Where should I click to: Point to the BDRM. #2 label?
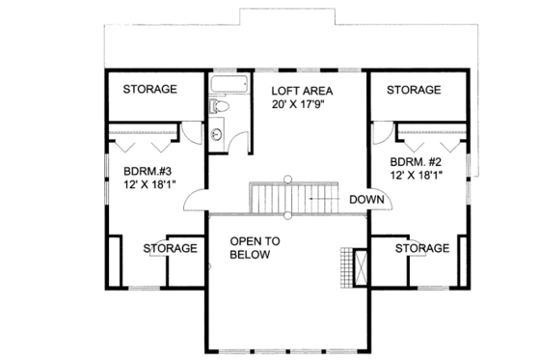[x=416, y=161]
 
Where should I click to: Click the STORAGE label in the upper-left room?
[x=149, y=90]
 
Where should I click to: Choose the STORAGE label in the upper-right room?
[x=414, y=90]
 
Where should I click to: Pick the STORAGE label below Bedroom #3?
[x=171, y=248]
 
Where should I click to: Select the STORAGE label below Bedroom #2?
[x=421, y=248]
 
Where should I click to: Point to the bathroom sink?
[x=218, y=133]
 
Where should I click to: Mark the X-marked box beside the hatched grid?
[x=363, y=265]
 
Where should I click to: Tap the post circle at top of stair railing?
[x=286, y=178]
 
